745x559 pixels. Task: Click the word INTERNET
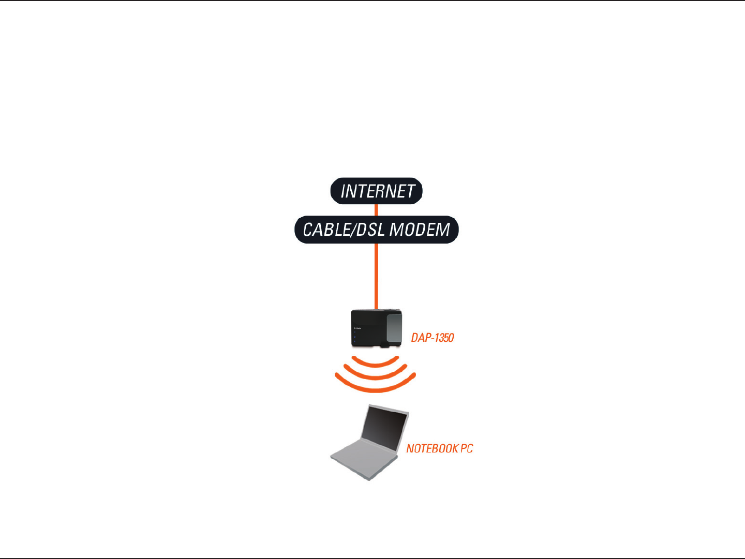pos(377,191)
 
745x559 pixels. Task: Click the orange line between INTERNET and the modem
pos(376,210)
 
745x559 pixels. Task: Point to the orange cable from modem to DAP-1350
pos(376,277)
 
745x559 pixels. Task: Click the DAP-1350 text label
pos(432,338)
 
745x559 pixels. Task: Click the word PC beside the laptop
pos(466,448)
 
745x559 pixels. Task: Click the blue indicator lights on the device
pos(354,339)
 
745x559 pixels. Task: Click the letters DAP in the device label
pos(420,338)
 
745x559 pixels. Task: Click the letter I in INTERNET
pos(343,191)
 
